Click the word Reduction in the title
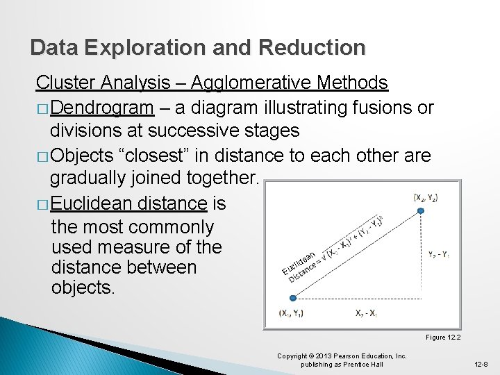pos(311,47)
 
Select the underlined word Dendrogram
pos(101,108)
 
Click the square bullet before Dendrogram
pos(42,109)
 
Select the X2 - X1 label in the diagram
pos(367,313)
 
